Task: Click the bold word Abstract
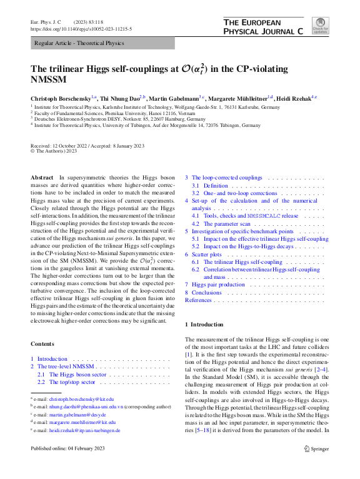tap(42, 178)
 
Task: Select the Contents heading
tap(42, 343)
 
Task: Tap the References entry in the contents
tap(199, 300)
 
